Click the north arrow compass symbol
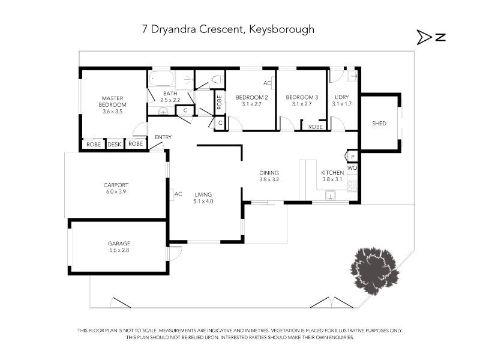tap(431, 37)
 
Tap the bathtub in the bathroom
tap(161, 79)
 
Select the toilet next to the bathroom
tap(218, 79)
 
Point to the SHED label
tap(379, 124)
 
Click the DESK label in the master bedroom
tap(115, 144)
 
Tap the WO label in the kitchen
tap(352, 168)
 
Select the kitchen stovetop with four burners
tap(352, 186)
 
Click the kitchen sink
tap(331, 195)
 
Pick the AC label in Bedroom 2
tap(267, 83)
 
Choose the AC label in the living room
tap(178, 194)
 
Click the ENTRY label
tap(163, 137)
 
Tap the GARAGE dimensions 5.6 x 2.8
tap(119, 250)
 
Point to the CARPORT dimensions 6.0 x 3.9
tap(116, 191)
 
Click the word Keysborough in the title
tap(281, 29)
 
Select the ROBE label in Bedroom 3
tap(316, 127)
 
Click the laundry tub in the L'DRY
tap(352, 76)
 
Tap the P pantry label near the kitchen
tap(353, 157)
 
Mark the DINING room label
tap(269, 173)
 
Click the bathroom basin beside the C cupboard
tap(163, 111)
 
